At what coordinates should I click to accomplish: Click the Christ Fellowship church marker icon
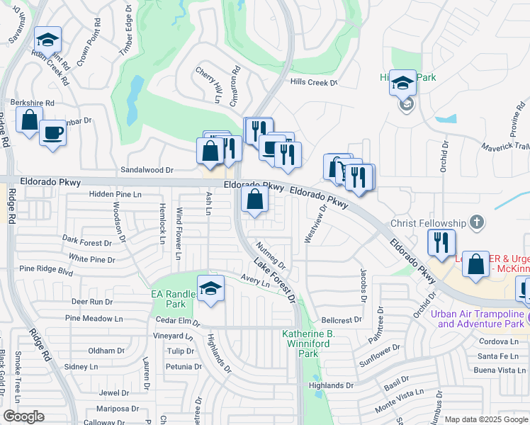[x=478, y=223]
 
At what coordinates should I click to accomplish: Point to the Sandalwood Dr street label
[x=147, y=170]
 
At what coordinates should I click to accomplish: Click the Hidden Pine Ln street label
[x=116, y=193]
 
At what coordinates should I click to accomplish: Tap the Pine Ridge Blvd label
[x=46, y=269]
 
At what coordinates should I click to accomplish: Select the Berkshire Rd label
[x=31, y=103]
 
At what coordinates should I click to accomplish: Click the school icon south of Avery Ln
[x=211, y=288]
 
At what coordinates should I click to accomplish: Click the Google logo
[x=23, y=416]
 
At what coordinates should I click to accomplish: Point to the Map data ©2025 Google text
[x=485, y=419]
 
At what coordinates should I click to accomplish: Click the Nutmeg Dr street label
[x=271, y=256]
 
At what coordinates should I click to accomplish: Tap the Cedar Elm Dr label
[x=178, y=321]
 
